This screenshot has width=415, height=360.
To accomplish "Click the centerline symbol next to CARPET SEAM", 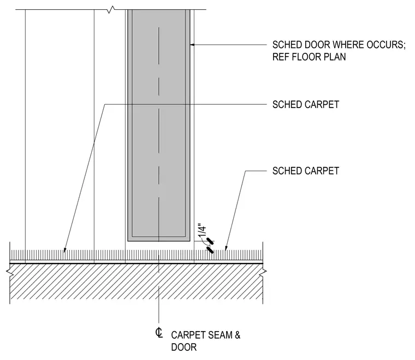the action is point(159,333).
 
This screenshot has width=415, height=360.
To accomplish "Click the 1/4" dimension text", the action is point(202,231).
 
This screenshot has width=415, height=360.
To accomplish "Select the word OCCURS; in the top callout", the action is point(386,45).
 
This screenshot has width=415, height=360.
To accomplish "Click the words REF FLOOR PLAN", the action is point(309,57).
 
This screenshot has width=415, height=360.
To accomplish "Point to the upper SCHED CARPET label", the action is point(306,105).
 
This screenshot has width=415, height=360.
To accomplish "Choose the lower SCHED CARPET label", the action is point(306,171).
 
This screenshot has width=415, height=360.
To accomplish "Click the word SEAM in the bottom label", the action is point(219,335).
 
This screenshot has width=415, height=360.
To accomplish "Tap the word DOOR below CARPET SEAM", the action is point(183,347).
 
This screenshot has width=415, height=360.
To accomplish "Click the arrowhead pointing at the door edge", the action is point(192,45).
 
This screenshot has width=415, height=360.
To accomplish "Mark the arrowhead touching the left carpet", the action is point(64,250).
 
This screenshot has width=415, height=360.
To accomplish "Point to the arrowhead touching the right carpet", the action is point(226,248).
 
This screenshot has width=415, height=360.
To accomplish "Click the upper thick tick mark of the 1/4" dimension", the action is point(210,241).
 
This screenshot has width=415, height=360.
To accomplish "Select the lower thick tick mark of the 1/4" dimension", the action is point(210,250).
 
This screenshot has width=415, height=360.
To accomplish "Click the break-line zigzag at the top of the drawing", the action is point(111,10).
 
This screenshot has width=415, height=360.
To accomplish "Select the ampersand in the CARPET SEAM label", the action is point(237,335).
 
